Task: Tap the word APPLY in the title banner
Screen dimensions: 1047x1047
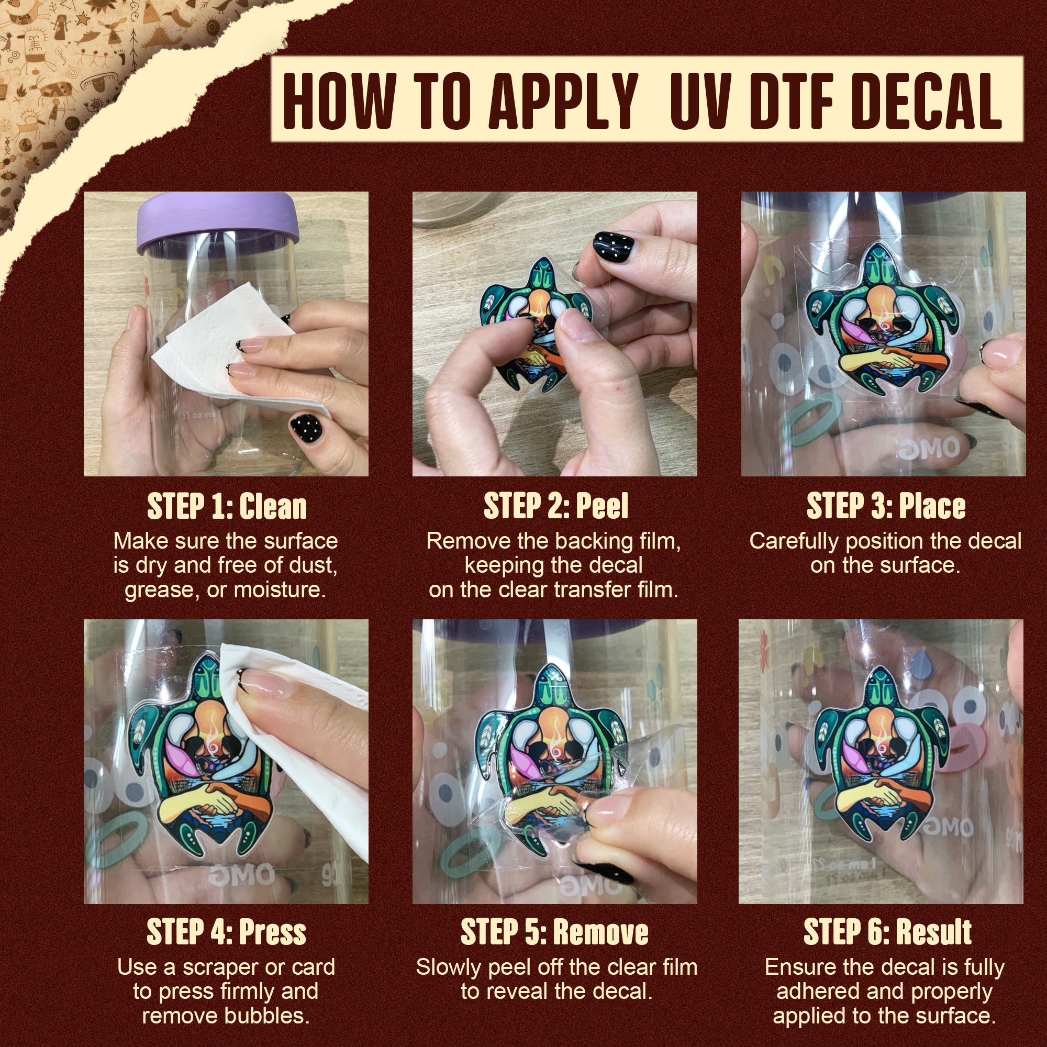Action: click(563, 101)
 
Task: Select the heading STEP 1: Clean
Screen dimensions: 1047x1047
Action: click(227, 507)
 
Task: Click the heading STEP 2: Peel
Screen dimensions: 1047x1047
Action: click(555, 507)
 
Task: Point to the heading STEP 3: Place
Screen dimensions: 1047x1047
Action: click(886, 507)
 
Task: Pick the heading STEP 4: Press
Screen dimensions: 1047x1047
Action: click(226, 932)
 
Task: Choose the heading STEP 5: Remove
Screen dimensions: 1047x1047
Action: click(554, 932)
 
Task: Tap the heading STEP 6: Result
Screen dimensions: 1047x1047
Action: click(887, 932)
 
